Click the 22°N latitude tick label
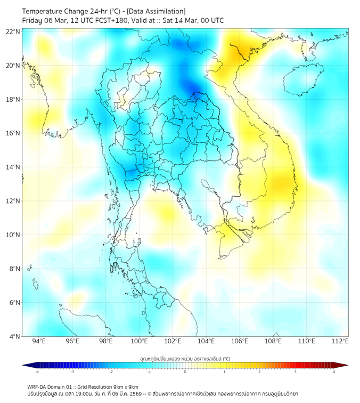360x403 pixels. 13,31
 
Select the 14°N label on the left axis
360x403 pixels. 13,167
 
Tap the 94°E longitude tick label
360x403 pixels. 39,341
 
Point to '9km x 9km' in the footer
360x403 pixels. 126,387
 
